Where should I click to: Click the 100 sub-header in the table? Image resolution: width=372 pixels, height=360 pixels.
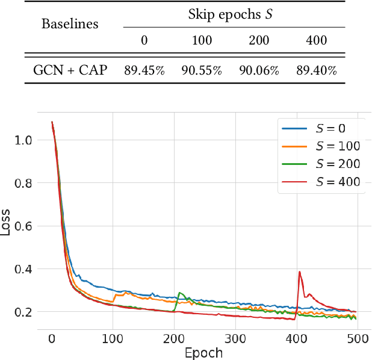point(201,41)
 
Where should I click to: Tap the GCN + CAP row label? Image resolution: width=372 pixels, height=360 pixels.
point(69,70)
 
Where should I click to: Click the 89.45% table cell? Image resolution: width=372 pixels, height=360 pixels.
point(144,70)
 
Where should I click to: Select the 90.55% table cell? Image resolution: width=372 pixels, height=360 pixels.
point(202,70)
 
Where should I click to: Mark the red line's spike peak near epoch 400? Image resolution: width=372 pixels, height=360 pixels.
point(299,272)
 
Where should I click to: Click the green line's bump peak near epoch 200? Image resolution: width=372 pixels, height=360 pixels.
point(180,293)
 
